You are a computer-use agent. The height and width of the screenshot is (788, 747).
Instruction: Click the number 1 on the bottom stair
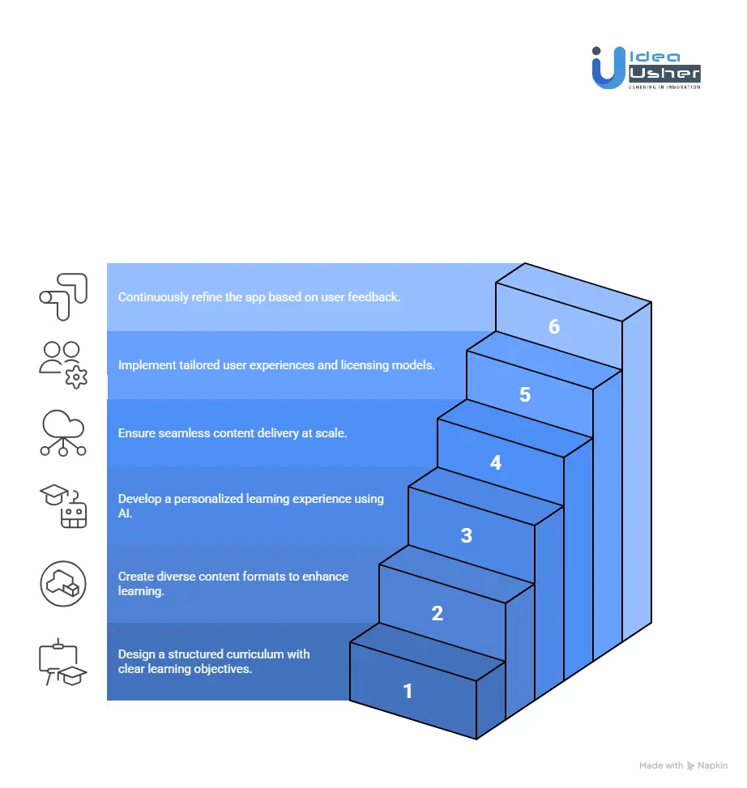pos(408,691)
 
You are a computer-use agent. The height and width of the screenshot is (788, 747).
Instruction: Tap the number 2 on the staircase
pos(438,613)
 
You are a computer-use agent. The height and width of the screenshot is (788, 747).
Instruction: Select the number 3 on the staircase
pos(466,535)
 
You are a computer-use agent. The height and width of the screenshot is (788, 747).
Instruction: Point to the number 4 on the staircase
pos(496,462)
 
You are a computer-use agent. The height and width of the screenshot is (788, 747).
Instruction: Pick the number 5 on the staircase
pos(525,394)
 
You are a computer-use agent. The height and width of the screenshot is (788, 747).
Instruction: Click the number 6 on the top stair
pos(554,326)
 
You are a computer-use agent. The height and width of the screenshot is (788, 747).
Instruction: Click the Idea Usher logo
pos(646,68)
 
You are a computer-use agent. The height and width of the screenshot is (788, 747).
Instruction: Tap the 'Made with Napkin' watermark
pos(683,765)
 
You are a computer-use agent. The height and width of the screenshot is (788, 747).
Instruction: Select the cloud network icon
pos(62,433)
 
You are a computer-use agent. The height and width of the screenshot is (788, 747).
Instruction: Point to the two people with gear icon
pos(63,365)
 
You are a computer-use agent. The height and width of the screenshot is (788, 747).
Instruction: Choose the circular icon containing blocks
pos(63,583)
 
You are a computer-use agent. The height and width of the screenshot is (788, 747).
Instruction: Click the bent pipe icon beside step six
pos(62,296)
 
